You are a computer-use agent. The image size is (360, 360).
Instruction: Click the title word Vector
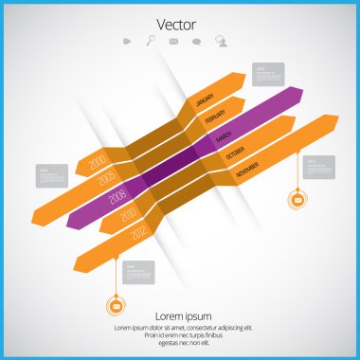tap(179, 23)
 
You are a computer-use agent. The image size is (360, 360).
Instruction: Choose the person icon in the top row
tap(221, 41)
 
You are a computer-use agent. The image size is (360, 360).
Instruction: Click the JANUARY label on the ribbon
tap(204, 99)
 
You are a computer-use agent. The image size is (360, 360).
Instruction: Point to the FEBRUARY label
tap(215, 117)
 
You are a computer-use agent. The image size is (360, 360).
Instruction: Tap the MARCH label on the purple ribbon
tap(224, 136)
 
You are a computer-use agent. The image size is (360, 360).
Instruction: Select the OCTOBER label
tap(236, 154)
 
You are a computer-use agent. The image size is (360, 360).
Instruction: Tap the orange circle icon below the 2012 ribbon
tap(116, 304)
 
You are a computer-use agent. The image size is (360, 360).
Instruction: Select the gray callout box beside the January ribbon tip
tap(269, 73)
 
